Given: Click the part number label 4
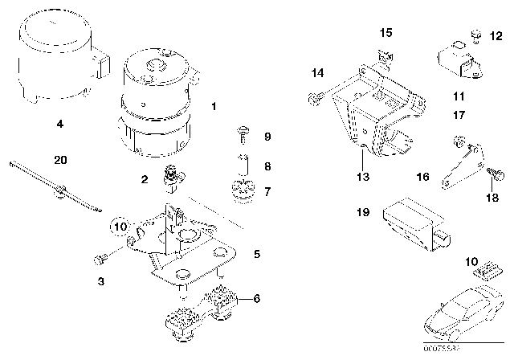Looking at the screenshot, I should [x=59, y=125].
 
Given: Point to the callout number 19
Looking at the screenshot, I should [x=364, y=213].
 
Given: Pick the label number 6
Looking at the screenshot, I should [x=256, y=298].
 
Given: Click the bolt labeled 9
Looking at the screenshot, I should [x=242, y=132].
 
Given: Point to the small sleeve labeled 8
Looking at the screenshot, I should [x=241, y=160].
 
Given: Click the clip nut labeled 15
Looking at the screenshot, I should [x=386, y=55].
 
